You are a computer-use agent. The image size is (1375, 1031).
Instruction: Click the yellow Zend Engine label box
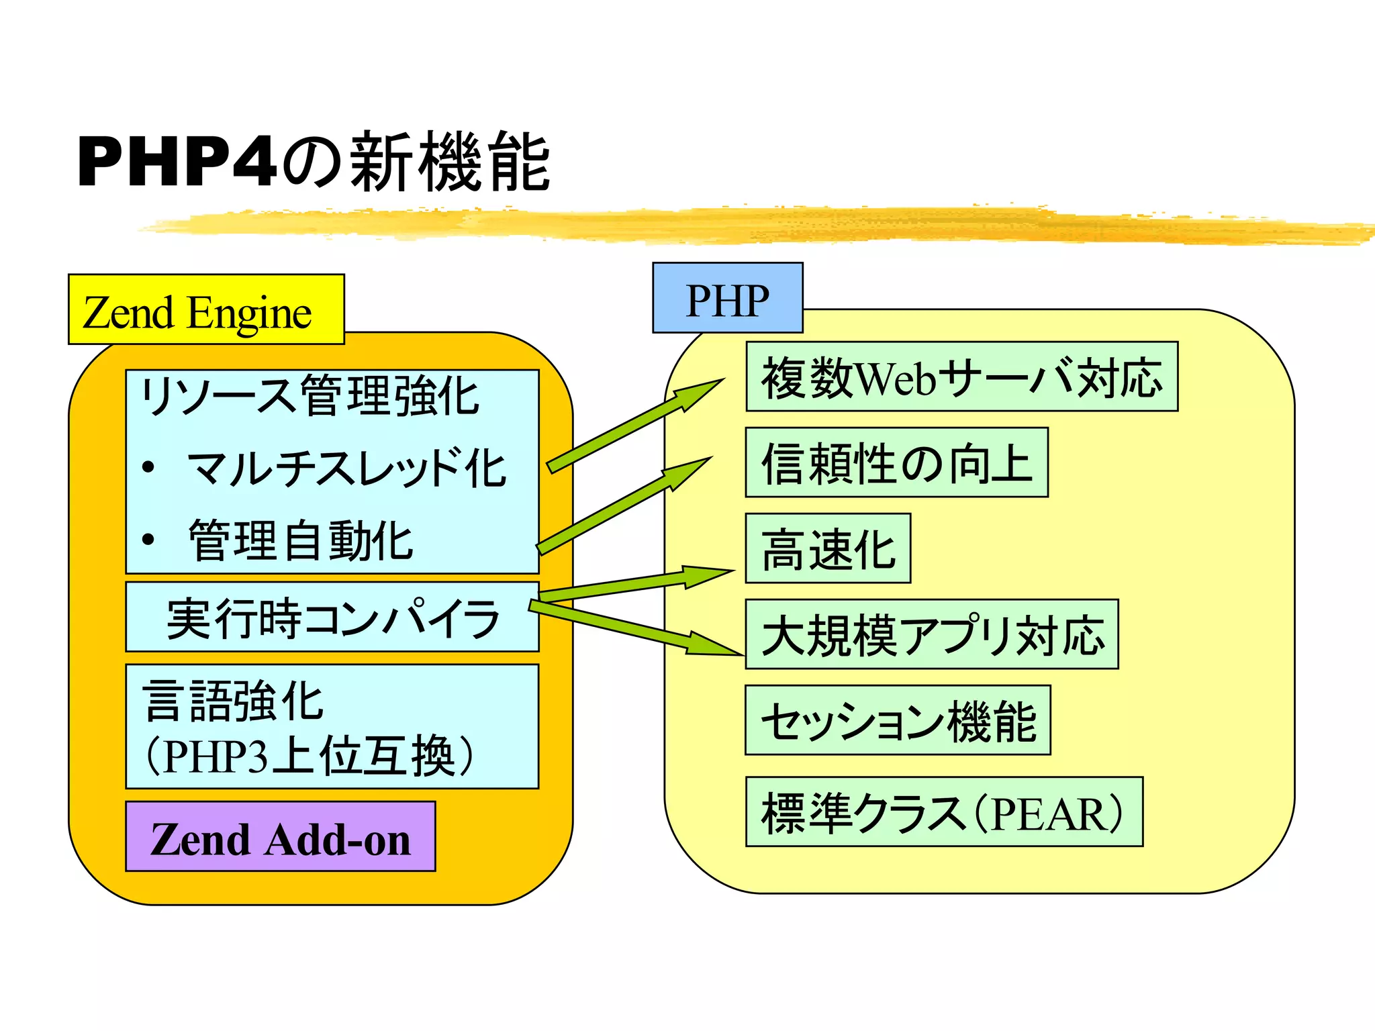coord(205,310)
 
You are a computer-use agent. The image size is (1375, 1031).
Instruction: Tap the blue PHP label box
coord(727,298)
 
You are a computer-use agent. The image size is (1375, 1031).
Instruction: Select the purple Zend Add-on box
coord(280,836)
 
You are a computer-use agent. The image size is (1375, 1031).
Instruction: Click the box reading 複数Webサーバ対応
coord(961,377)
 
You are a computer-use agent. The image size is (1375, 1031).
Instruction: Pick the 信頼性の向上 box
coord(896,462)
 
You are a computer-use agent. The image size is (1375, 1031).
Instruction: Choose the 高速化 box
coord(828,548)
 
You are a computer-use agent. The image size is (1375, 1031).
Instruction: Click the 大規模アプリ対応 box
coord(932,634)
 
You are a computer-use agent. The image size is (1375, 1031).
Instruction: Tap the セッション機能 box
coord(898,720)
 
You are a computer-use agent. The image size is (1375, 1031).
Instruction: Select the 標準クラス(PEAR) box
coord(943,812)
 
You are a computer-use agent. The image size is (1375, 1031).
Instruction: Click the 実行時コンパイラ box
coord(332,618)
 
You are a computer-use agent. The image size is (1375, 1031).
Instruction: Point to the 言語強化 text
coord(234,700)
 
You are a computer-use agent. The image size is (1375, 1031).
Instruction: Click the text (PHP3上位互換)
coord(310,756)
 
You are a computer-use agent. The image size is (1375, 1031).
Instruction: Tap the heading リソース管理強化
coord(309,396)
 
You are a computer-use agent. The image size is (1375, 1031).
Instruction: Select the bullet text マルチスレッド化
coord(346,468)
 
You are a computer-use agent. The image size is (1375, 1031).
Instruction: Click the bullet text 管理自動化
coord(300,540)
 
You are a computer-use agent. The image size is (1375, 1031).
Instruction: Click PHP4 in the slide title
coord(177,162)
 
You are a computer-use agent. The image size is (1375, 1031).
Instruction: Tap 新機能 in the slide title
coord(450,162)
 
